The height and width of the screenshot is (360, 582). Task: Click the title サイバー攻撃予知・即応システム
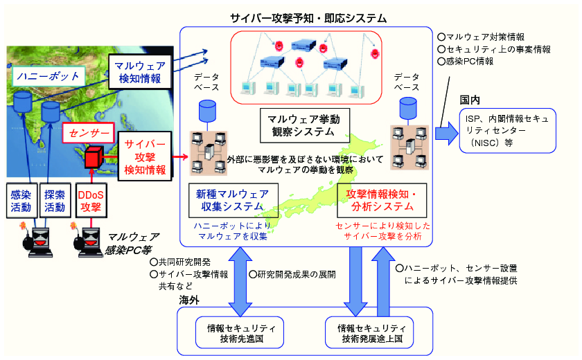click(308, 18)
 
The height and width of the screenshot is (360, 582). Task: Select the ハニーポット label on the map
click(48, 76)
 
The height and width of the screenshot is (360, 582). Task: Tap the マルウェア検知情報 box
click(140, 72)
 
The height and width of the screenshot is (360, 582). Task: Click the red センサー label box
click(89, 133)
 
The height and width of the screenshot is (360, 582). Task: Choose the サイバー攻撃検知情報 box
click(145, 156)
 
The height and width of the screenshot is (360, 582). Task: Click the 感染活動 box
click(21, 201)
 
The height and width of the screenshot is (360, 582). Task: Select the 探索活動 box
click(55, 201)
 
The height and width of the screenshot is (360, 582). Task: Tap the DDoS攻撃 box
click(91, 201)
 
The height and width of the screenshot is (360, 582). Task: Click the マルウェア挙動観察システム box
click(305, 125)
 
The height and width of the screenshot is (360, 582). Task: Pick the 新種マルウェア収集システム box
click(233, 200)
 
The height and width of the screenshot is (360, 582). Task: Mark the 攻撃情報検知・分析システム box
click(382, 200)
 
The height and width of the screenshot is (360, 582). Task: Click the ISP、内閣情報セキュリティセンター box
click(507, 131)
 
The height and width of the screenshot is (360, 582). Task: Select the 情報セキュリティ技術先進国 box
click(240, 332)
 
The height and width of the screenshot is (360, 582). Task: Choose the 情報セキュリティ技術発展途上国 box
click(369, 332)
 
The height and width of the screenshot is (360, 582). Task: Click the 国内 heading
click(470, 100)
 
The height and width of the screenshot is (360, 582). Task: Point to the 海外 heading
click(189, 300)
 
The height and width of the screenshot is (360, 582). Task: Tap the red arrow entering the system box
click(180, 157)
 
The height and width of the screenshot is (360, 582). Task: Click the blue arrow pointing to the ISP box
click(447, 133)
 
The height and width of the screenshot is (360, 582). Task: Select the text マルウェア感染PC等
click(132, 243)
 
